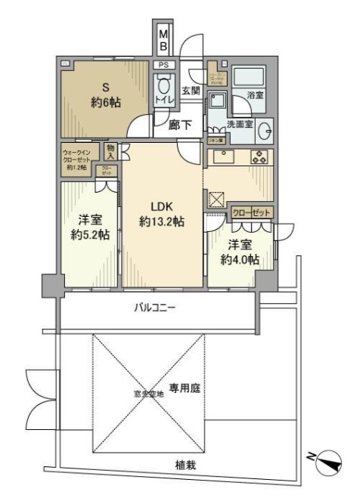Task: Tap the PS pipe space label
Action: [163, 65]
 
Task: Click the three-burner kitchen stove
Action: [259, 157]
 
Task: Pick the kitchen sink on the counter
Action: [224, 157]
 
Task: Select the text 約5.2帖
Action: [89, 234]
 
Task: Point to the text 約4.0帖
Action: [241, 258]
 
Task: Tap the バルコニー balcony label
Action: [155, 308]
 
